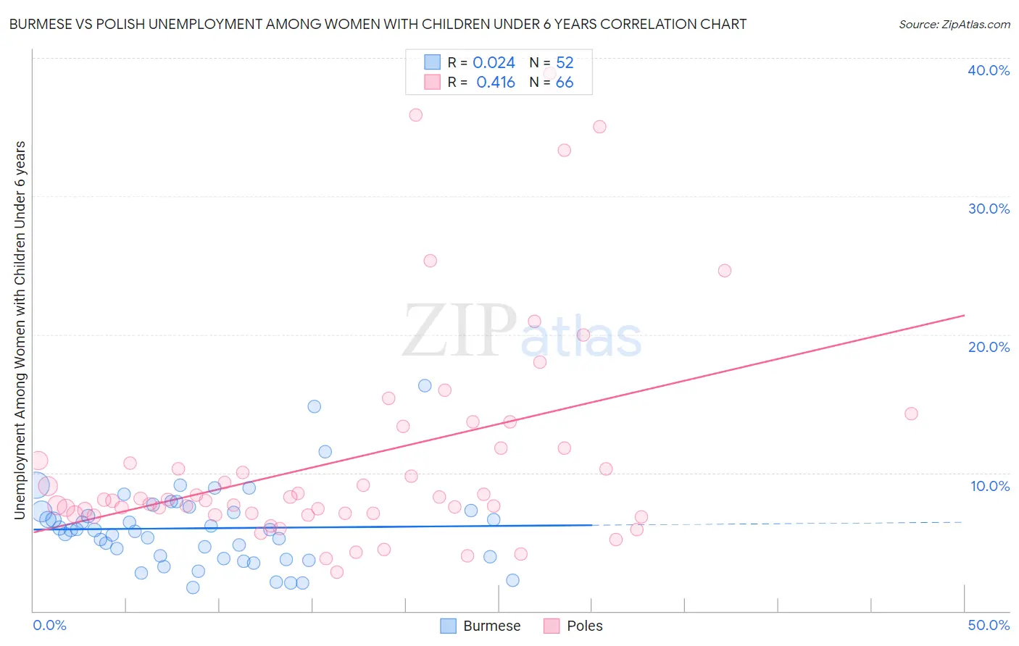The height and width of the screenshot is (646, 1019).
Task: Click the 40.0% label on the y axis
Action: tap(988, 70)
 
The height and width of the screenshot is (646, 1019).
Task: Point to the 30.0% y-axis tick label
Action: tap(988, 209)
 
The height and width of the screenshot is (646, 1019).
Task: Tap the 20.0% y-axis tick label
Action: tap(988, 347)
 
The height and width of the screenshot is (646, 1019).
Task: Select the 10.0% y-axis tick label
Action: tap(989, 486)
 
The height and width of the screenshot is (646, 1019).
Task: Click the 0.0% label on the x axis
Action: tap(49, 625)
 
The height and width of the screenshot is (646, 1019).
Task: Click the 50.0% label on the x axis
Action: tap(988, 625)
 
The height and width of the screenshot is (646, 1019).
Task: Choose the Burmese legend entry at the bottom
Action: tap(481, 626)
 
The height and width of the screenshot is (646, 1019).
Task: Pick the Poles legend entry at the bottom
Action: tap(573, 626)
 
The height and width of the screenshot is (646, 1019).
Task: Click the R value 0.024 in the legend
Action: tap(494, 63)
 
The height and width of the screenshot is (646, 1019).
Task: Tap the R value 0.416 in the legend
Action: tap(496, 83)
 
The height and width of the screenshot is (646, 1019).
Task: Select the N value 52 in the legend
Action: tap(565, 63)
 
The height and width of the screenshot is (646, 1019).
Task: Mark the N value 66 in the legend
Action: tap(565, 83)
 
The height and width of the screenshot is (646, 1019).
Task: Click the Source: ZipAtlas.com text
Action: tap(954, 25)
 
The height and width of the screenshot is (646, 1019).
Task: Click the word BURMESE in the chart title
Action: tap(41, 25)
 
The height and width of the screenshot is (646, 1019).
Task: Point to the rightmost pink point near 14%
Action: tap(911, 414)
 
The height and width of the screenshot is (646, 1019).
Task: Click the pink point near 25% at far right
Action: tap(724, 271)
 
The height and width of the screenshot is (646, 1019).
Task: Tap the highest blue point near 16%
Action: tap(425, 386)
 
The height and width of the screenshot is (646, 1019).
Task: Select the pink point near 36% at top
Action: tap(415, 115)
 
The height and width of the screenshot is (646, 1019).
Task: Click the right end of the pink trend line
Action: tap(964, 315)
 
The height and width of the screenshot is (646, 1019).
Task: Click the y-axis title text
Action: tap(20, 330)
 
